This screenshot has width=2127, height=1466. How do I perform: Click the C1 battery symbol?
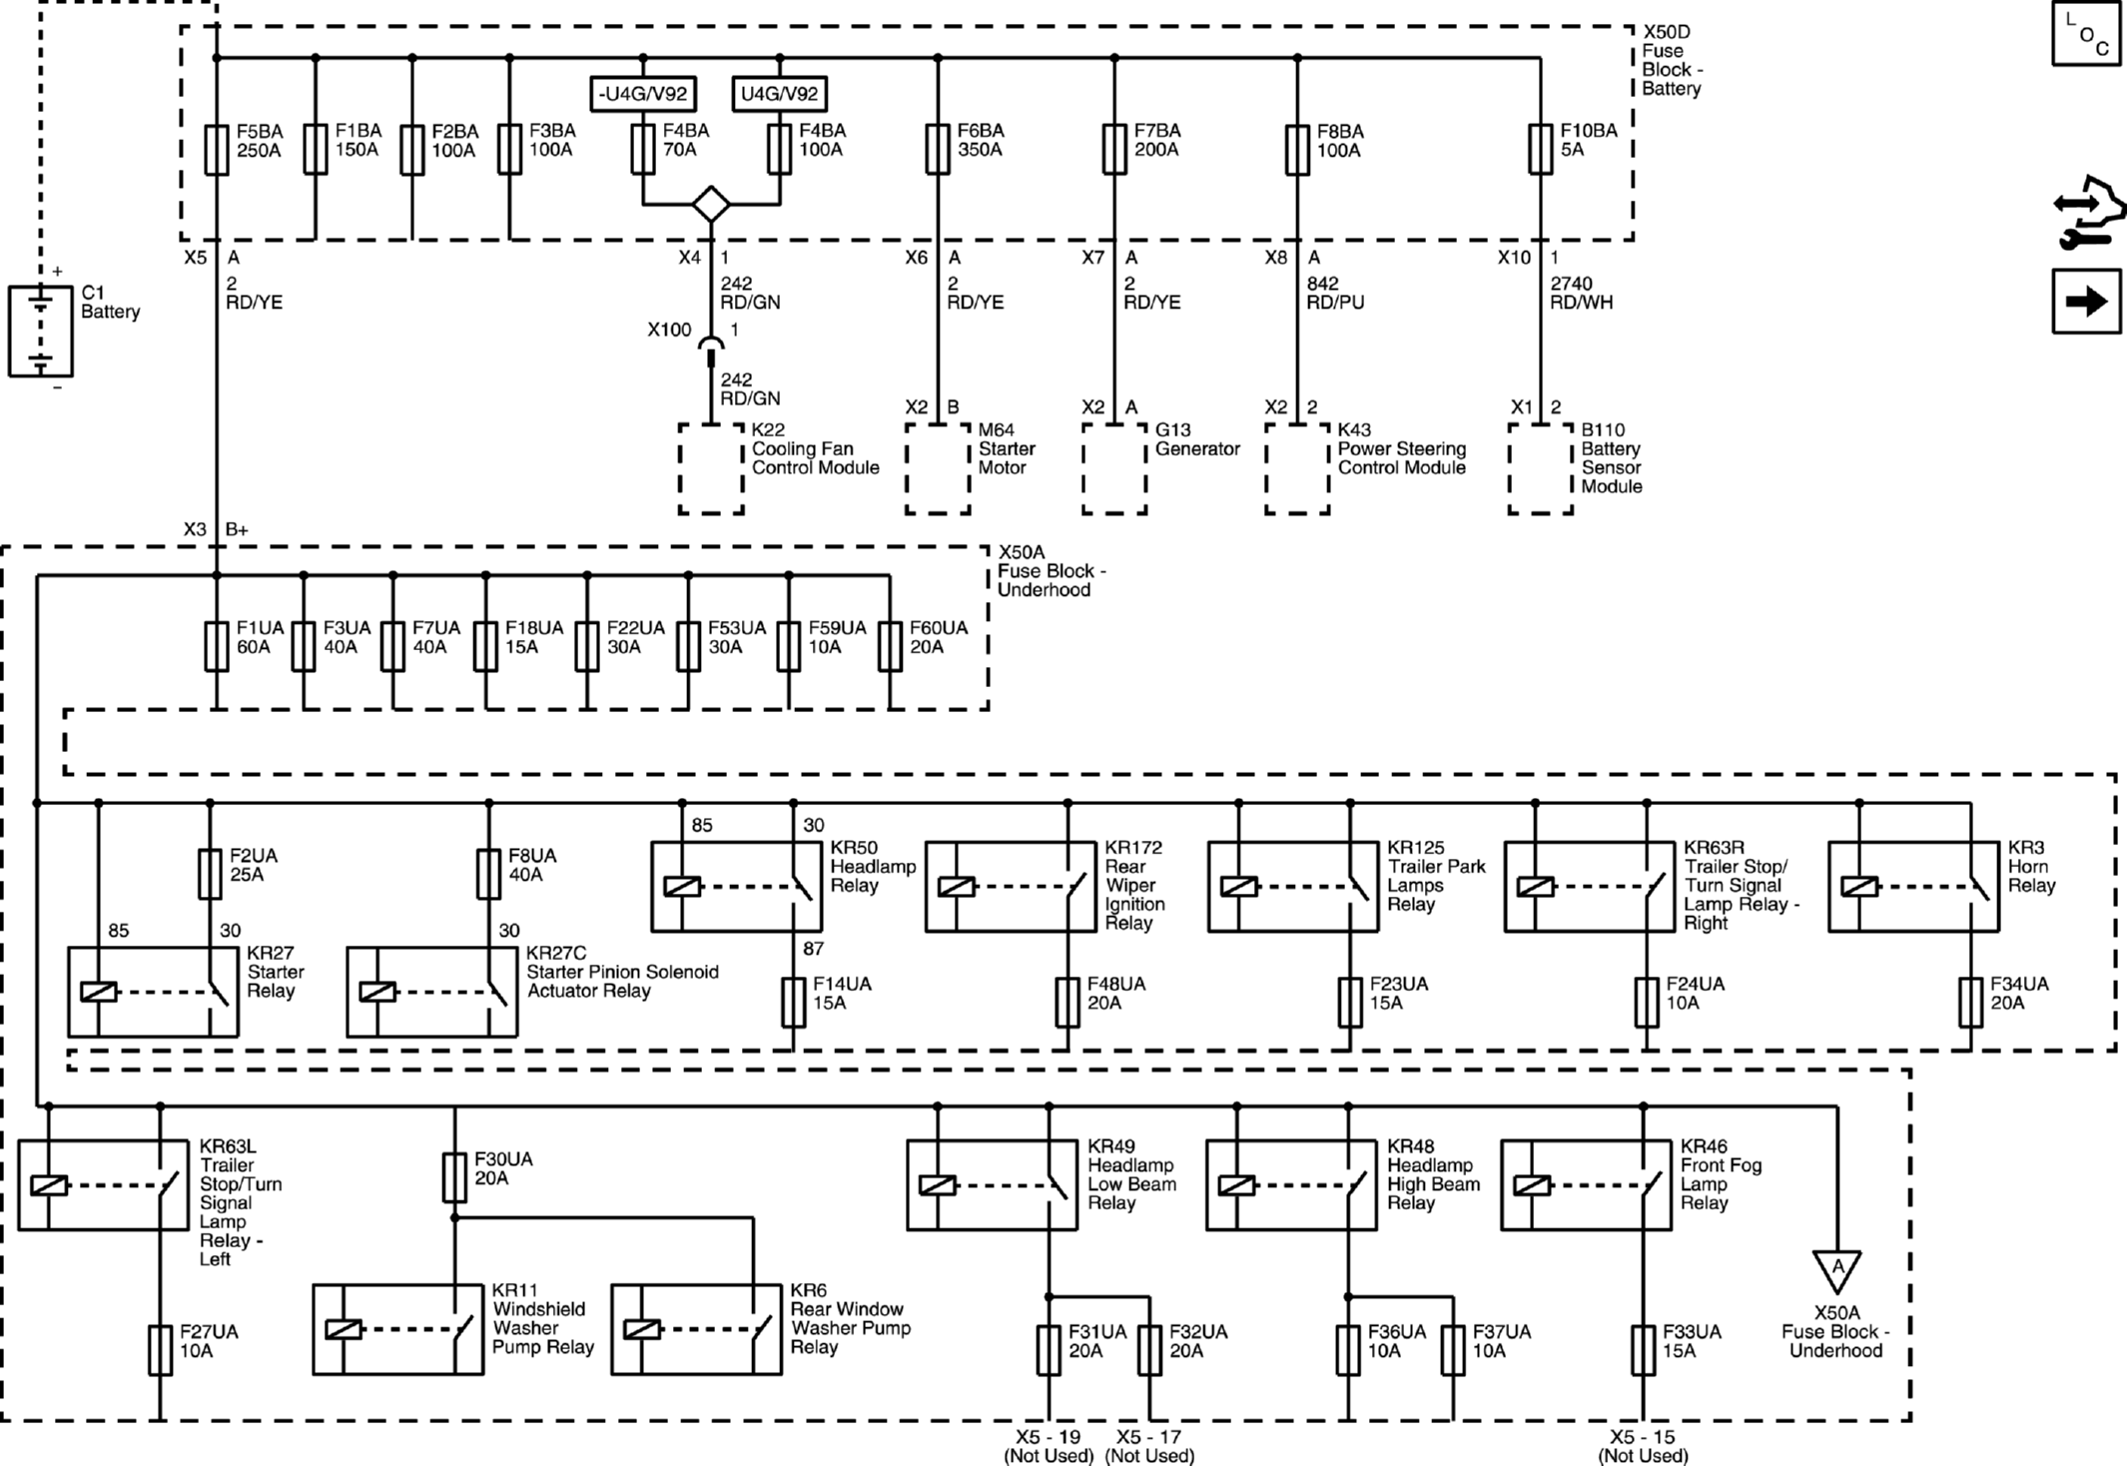(41, 332)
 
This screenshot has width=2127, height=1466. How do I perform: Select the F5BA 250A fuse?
(217, 150)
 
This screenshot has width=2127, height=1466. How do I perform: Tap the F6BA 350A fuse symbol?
(938, 150)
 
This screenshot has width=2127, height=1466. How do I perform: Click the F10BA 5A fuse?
(1541, 150)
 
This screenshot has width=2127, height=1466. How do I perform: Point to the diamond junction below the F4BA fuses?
(711, 205)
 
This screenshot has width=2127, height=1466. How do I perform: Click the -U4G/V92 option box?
(643, 94)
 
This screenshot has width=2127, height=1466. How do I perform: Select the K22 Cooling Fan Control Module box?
(711, 469)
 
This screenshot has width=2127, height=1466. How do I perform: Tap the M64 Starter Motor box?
(938, 469)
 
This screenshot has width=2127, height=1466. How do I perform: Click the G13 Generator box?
(1114, 469)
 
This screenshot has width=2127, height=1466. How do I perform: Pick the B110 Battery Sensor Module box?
(1541, 469)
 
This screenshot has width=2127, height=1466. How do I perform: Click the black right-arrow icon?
(2086, 302)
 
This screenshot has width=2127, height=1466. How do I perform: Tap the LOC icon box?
(2086, 34)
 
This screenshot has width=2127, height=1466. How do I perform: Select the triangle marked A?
(1836, 1270)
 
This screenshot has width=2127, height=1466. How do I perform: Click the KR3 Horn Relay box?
(1913, 887)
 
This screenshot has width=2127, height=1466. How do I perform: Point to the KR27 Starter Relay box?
(153, 992)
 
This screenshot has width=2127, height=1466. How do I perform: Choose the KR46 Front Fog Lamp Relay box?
(1586, 1185)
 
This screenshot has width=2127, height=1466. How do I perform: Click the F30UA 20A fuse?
(454, 1177)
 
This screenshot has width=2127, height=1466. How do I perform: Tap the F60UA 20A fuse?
(890, 646)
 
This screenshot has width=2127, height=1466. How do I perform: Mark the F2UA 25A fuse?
(210, 874)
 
